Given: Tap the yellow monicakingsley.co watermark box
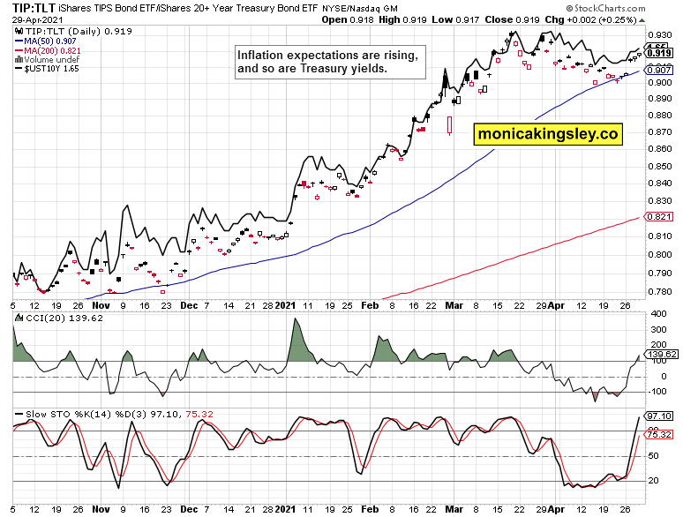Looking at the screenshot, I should coord(547,134).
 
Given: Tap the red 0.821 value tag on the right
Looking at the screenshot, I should coord(659,217).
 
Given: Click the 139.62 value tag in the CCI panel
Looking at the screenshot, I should coord(661,354).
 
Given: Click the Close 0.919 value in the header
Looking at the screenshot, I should coord(511,19).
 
